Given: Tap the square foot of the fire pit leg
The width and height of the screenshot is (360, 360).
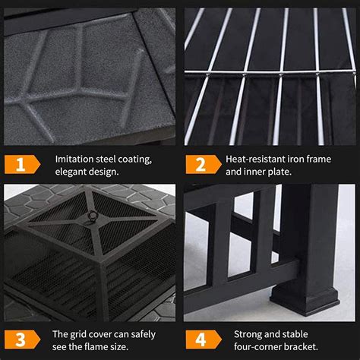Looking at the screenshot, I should click(315, 289).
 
